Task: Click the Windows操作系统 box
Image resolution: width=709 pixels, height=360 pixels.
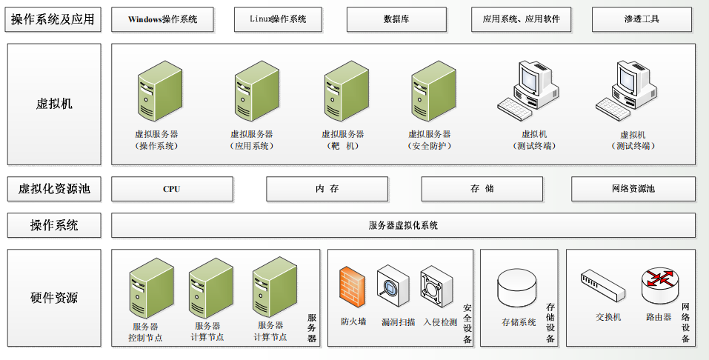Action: pyautogui.click(x=162, y=19)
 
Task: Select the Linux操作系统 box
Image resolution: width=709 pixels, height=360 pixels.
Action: pyautogui.click(x=278, y=19)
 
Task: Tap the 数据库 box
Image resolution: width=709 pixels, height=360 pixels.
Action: pyautogui.click(x=396, y=19)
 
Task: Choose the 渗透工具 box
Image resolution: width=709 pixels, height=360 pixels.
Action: pyautogui.click(x=642, y=19)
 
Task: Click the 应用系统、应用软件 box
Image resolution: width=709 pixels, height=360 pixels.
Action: pyautogui.click(x=522, y=19)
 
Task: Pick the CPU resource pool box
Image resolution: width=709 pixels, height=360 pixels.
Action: pyautogui.click(x=173, y=189)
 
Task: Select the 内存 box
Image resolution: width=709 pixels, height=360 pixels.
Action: pyautogui.click(x=327, y=189)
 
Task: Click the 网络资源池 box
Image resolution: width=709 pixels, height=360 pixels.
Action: pyautogui.click(x=633, y=189)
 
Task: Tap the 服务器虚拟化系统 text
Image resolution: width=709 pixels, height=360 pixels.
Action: pyautogui.click(x=403, y=225)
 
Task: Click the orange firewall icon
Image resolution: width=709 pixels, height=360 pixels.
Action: pyautogui.click(x=352, y=287)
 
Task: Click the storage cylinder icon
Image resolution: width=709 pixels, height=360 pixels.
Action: pyautogui.click(x=517, y=288)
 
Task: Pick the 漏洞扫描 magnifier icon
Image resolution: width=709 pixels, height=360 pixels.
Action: pyautogui.click(x=393, y=287)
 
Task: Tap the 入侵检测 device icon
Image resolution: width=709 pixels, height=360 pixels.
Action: pyautogui.click(x=436, y=287)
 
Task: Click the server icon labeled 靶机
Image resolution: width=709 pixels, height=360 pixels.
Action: pyautogui.click(x=347, y=91)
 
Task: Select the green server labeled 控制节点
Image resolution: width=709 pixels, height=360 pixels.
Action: pyautogui.click(x=151, y=288)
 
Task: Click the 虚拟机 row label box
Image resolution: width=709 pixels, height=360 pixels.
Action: pyautogui.click(x=54, y=104)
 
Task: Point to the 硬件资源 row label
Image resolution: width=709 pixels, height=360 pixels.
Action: pyautogui.click(x=54, y=298)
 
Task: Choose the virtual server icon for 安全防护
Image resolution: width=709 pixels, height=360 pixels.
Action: pyautogui.click(x=433, y=91)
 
